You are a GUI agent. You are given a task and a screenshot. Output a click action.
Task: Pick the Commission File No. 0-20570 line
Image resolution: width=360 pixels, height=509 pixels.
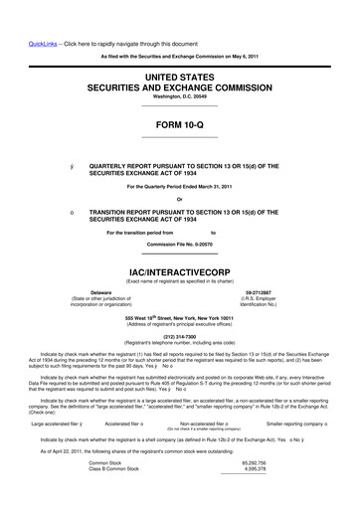[180, 243]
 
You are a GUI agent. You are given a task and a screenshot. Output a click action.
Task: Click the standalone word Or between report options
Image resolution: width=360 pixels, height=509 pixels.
[180, 201]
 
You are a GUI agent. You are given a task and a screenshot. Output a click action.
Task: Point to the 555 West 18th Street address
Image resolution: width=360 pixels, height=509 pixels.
[180, 318]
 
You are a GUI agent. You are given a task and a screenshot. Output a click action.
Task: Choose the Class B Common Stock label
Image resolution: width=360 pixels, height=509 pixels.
[115, 498]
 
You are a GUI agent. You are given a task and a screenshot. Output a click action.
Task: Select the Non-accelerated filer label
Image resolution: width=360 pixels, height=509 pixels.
[209, 423]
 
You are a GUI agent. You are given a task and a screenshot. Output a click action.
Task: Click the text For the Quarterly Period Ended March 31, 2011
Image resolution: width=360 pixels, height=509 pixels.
[180, 187]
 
